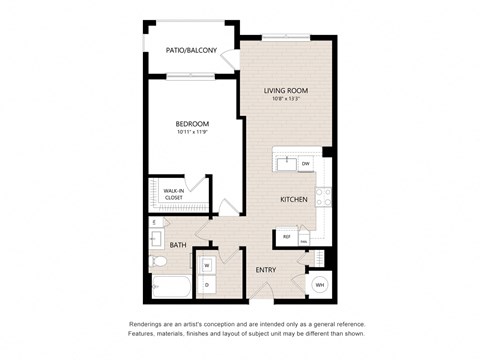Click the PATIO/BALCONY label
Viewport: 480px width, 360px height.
[x=191, y=50]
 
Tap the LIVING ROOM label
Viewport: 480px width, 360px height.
[x=285, y=91]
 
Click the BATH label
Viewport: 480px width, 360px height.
[x=178, y=245]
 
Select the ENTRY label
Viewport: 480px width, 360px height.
[x=266, y=270]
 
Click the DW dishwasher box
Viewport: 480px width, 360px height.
[x=305, y=163]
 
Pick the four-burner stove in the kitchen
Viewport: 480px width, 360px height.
[x=323, y=196]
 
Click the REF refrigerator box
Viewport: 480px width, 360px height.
[x=287, y=237]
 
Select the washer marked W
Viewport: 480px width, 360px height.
[x=207, y=265]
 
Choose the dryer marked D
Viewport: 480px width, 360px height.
[x=207, y=284]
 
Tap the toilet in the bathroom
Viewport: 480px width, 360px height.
[x=160, y=263]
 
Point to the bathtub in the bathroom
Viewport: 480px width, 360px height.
[x=169, y=287]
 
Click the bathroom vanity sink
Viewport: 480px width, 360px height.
[x=156, y=239]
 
